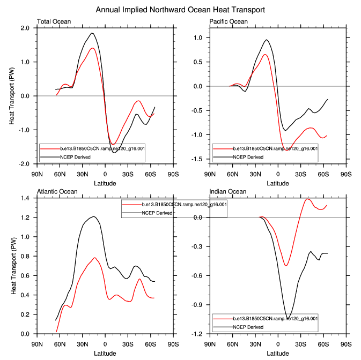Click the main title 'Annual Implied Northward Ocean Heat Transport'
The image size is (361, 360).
click(180, 10)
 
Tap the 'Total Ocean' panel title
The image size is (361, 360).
click(54, 21)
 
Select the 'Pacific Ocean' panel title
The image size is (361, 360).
click(229, 21)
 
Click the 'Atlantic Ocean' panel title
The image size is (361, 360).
click(57, 191)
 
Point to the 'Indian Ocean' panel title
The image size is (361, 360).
click(228, 191)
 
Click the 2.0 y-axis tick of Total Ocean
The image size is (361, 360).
click(25, 28)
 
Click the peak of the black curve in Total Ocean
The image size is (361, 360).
click(92, 33)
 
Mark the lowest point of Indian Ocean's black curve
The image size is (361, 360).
click(288, 318)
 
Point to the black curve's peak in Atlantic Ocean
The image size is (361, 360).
click(94, 216)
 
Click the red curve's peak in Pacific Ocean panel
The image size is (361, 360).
click(265, 54)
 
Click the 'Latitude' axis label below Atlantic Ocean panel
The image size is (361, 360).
click(105, 353)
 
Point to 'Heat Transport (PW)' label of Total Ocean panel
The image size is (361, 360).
click(12, 95)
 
